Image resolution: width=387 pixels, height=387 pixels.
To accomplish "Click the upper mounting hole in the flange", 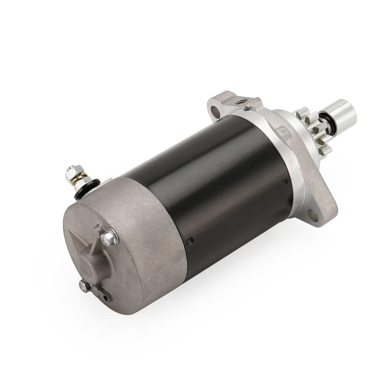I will pyautogui.click(x=216, y=110).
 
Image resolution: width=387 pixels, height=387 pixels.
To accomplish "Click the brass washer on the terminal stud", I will pyautogui.click(x=77, y=181).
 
